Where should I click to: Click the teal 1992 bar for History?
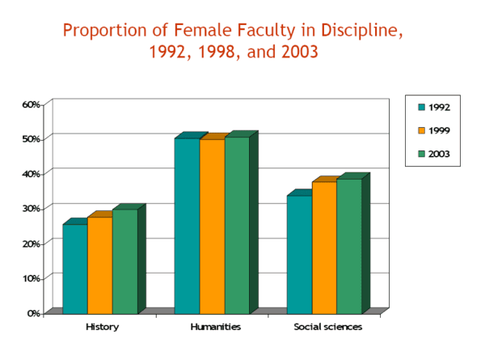tap(75, 269)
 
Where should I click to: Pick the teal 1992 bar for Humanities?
tap(187, 226)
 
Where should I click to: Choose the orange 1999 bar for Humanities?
tap(212, 227)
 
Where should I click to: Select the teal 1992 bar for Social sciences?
tap(299, 254)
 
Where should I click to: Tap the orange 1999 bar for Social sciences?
tap(324, 248)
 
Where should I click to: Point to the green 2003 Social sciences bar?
tap(349, 246)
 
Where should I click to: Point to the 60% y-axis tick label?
tap(31, 104)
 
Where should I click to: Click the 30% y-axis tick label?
tap(31, 208)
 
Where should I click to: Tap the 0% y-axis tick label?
tap(33, 312)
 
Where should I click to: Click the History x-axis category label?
tap(102, 327)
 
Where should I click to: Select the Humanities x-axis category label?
tap(213, 327)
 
